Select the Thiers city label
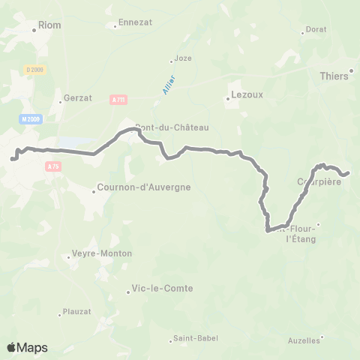click(334, 76)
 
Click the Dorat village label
click(316, 30)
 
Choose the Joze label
click(182, 58)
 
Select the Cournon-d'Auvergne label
click(145, 187)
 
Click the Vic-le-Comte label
click(161, 288)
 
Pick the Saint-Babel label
click(196, 338)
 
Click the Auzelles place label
click(304, 340)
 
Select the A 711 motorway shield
click(118, 98)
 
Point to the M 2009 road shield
click(29, 118)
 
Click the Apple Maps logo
click(27, 347)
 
